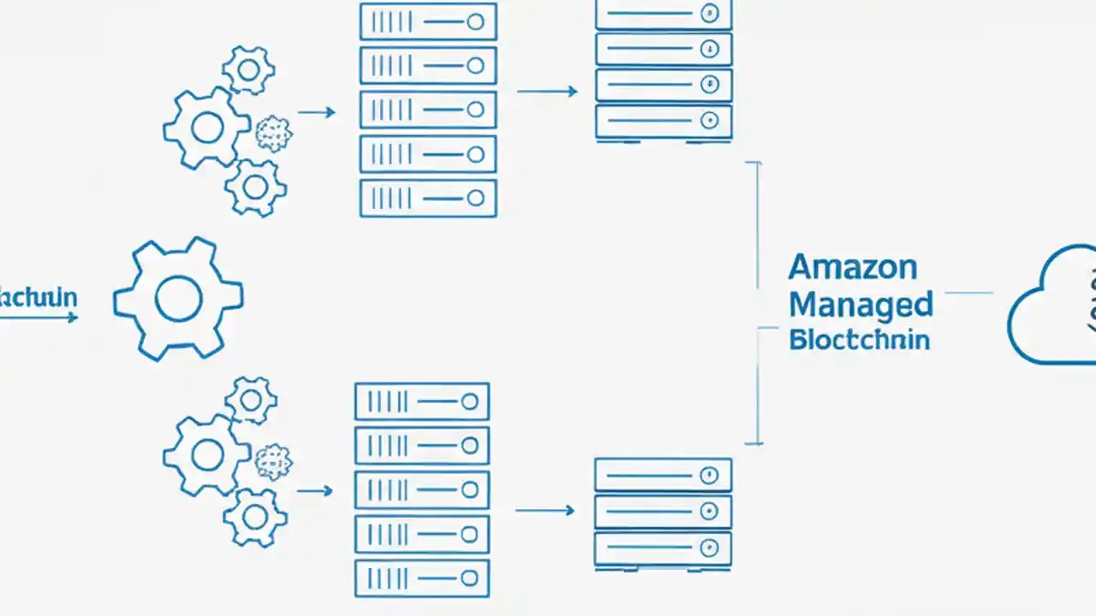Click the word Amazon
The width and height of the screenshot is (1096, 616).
coord(852,267)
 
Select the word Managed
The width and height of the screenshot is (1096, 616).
coord(860,304)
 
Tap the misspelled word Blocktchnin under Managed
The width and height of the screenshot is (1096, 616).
coord(859,339)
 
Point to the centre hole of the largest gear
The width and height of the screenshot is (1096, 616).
coord(178,298)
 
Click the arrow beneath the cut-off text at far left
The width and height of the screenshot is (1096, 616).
coord(39,317)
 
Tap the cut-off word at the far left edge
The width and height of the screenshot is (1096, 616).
coord(38,298)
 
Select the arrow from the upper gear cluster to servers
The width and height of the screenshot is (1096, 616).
coord(316,112)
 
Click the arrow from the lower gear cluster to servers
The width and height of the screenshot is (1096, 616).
coord(314,491)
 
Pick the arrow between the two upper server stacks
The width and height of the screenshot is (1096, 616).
coord(547,92)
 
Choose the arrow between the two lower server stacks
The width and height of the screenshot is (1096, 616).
coord(545,511)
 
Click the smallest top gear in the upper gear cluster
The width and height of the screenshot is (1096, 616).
coord(248,70)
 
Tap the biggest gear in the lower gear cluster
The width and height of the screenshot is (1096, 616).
coord(206,455)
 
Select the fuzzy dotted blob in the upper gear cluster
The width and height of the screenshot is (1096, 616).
coord(274,134)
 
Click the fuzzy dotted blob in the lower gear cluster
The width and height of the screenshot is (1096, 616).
coord(274,462)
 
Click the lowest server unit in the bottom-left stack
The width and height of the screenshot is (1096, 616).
coord(421,578)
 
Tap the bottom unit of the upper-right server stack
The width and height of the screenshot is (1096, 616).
coord(664,121)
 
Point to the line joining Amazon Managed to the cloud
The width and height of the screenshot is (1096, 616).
coord(968,293)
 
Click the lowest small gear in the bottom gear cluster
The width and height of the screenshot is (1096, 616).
coord(254,516)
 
